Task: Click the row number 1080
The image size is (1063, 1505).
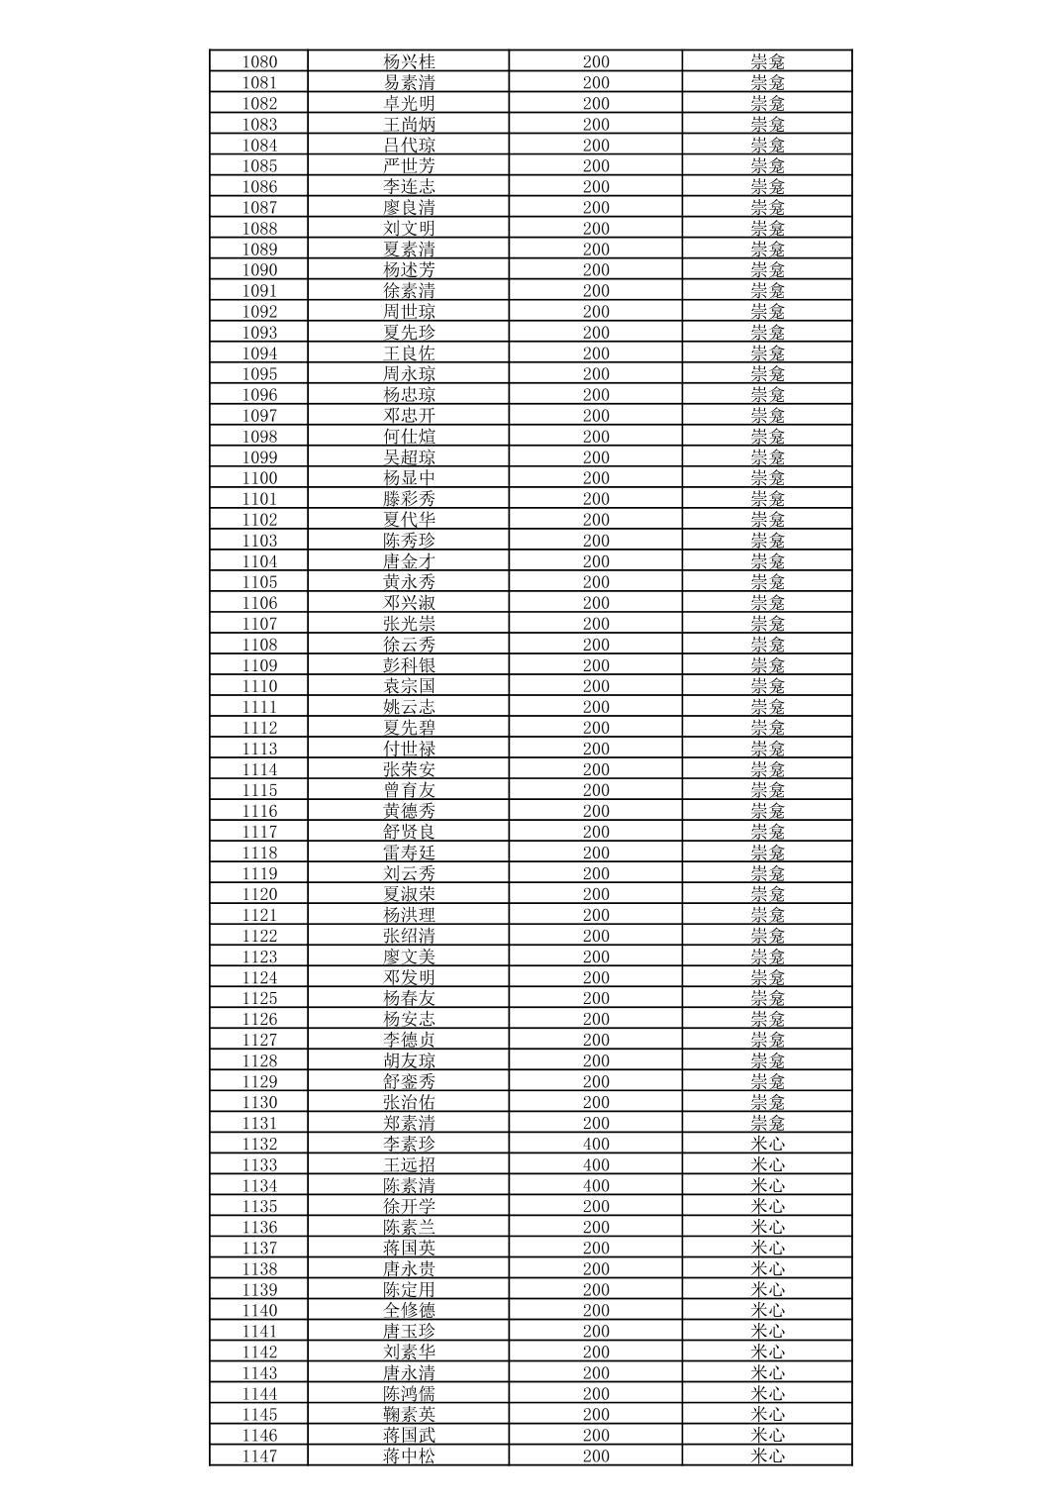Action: [259, 61]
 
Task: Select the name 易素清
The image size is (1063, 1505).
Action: [409, 82]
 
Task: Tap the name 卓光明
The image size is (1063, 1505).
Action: [409, 103]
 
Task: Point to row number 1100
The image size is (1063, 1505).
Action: [259, 478]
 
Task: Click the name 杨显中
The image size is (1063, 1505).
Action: [409, 478]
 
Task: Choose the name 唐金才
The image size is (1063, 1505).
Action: [409, 561]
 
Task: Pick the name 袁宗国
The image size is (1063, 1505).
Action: [409, 686]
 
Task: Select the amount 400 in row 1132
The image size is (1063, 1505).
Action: [596, 1145]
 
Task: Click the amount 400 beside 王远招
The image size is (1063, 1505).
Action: [596, 1165]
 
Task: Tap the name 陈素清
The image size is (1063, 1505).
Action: [409, 1186]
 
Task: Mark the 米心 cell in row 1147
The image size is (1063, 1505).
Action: [767, 1456]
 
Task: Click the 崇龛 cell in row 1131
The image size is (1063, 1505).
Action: [767, 1124]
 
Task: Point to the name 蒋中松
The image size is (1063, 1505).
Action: [409, 1456]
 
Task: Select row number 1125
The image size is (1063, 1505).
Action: [259, 999]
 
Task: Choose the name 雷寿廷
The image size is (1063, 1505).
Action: [409, 853]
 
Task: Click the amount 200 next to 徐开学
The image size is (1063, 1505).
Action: [596, 1207]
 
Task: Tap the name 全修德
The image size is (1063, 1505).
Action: [409, 1311]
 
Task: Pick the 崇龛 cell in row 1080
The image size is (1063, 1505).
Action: [767, 61]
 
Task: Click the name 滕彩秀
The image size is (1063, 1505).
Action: [409, 499]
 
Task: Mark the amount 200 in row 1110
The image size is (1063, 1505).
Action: [596, 686]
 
